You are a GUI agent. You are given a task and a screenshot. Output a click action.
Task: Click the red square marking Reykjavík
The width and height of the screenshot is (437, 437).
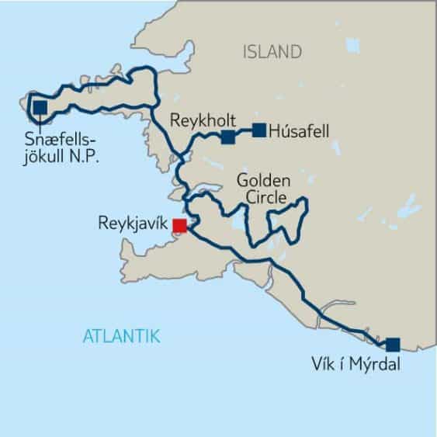tap(179, 226)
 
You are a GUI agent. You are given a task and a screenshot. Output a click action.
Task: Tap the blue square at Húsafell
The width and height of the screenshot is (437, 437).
tap(259, 130)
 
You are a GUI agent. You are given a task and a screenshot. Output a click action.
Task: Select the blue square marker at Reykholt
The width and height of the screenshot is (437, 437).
tap(227, 137)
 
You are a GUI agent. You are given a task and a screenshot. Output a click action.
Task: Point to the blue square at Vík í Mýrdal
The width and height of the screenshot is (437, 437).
tap(393, 344)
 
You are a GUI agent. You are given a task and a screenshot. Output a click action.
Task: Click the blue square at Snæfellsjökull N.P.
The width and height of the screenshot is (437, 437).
tap(39, 107)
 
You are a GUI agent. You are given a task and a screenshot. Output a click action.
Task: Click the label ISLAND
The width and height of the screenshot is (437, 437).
tap(272, 52)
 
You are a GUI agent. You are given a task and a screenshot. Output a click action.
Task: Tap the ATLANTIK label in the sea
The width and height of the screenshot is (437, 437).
tap(121, 336)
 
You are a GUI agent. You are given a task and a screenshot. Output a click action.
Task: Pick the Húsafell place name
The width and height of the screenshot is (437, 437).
tap(299, 131)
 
